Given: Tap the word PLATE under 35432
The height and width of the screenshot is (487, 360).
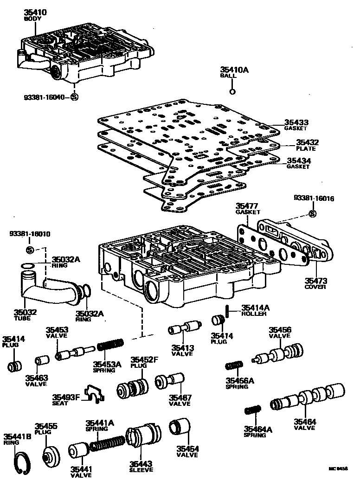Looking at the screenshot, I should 306,149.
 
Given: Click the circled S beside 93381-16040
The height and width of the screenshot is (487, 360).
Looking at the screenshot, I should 75,97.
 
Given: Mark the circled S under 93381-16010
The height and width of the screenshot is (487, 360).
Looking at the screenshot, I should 29,250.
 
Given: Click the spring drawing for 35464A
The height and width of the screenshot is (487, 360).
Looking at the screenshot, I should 253,410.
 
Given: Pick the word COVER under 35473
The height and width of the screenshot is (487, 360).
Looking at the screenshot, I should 315,287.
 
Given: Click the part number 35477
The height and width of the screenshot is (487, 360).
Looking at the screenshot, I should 247,205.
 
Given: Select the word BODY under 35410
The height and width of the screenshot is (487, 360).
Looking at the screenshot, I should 33,19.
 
